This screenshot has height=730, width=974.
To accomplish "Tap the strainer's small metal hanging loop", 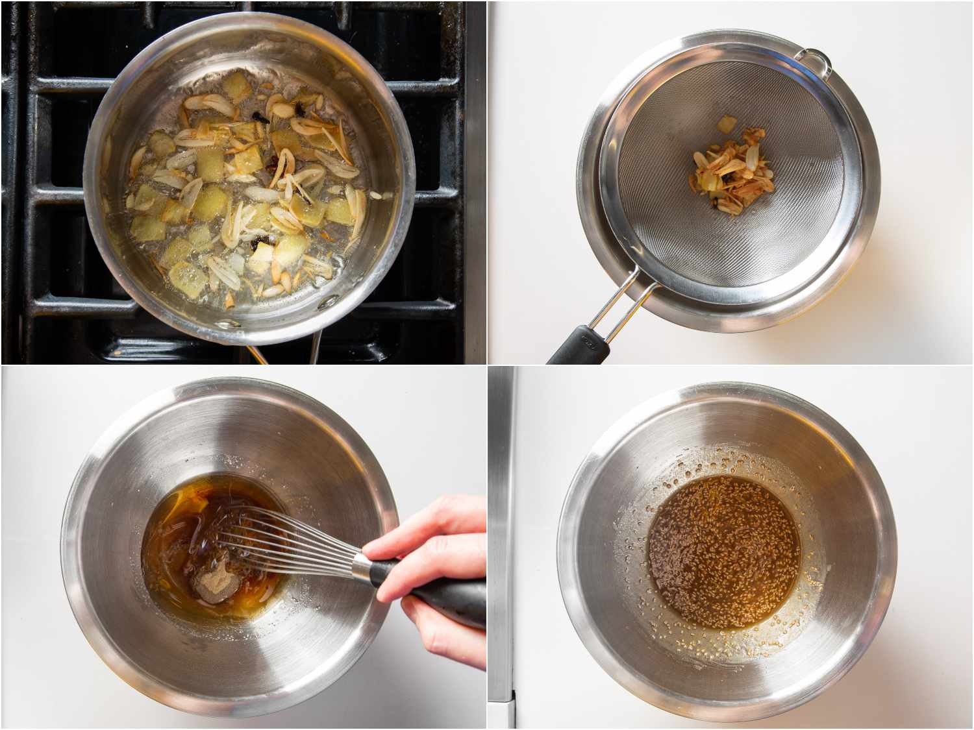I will click(815, 62).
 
